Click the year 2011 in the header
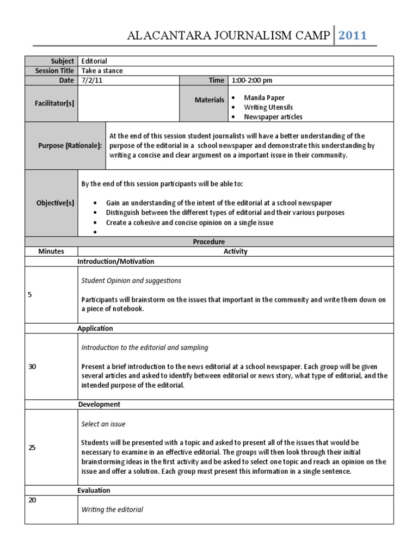353,36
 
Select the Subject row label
63,61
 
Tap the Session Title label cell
54,71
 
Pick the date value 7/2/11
91,81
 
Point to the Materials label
210,100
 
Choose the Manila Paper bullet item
264,97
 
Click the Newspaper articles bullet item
273,116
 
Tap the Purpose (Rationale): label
70,146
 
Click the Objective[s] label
55,203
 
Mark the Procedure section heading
209,242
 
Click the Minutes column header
51,251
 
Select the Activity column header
235,251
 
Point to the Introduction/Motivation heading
116,262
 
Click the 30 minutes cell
32,367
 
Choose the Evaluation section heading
94,491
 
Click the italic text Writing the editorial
112,510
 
